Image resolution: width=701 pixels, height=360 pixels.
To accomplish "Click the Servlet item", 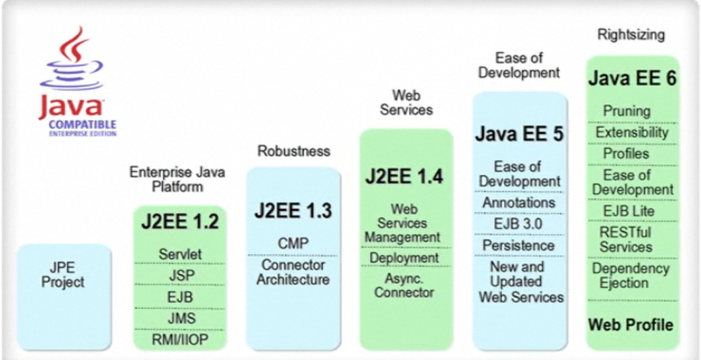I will (181, 254).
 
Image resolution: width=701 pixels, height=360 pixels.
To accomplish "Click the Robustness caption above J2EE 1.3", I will (293, 151).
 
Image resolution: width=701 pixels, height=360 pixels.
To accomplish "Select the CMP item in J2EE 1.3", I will (293, 242).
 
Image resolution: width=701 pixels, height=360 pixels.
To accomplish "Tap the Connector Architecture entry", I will (293, 272).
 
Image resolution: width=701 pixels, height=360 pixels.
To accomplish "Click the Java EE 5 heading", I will (520, 134).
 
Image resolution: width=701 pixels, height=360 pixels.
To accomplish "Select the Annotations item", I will (520, 202).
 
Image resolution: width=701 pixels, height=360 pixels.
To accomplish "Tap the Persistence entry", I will (520, 247).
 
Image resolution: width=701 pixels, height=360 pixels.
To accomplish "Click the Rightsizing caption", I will (631, 35).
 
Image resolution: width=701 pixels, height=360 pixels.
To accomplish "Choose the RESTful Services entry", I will (631, 239).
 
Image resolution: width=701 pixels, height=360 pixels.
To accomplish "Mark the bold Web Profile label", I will (631, 325).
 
